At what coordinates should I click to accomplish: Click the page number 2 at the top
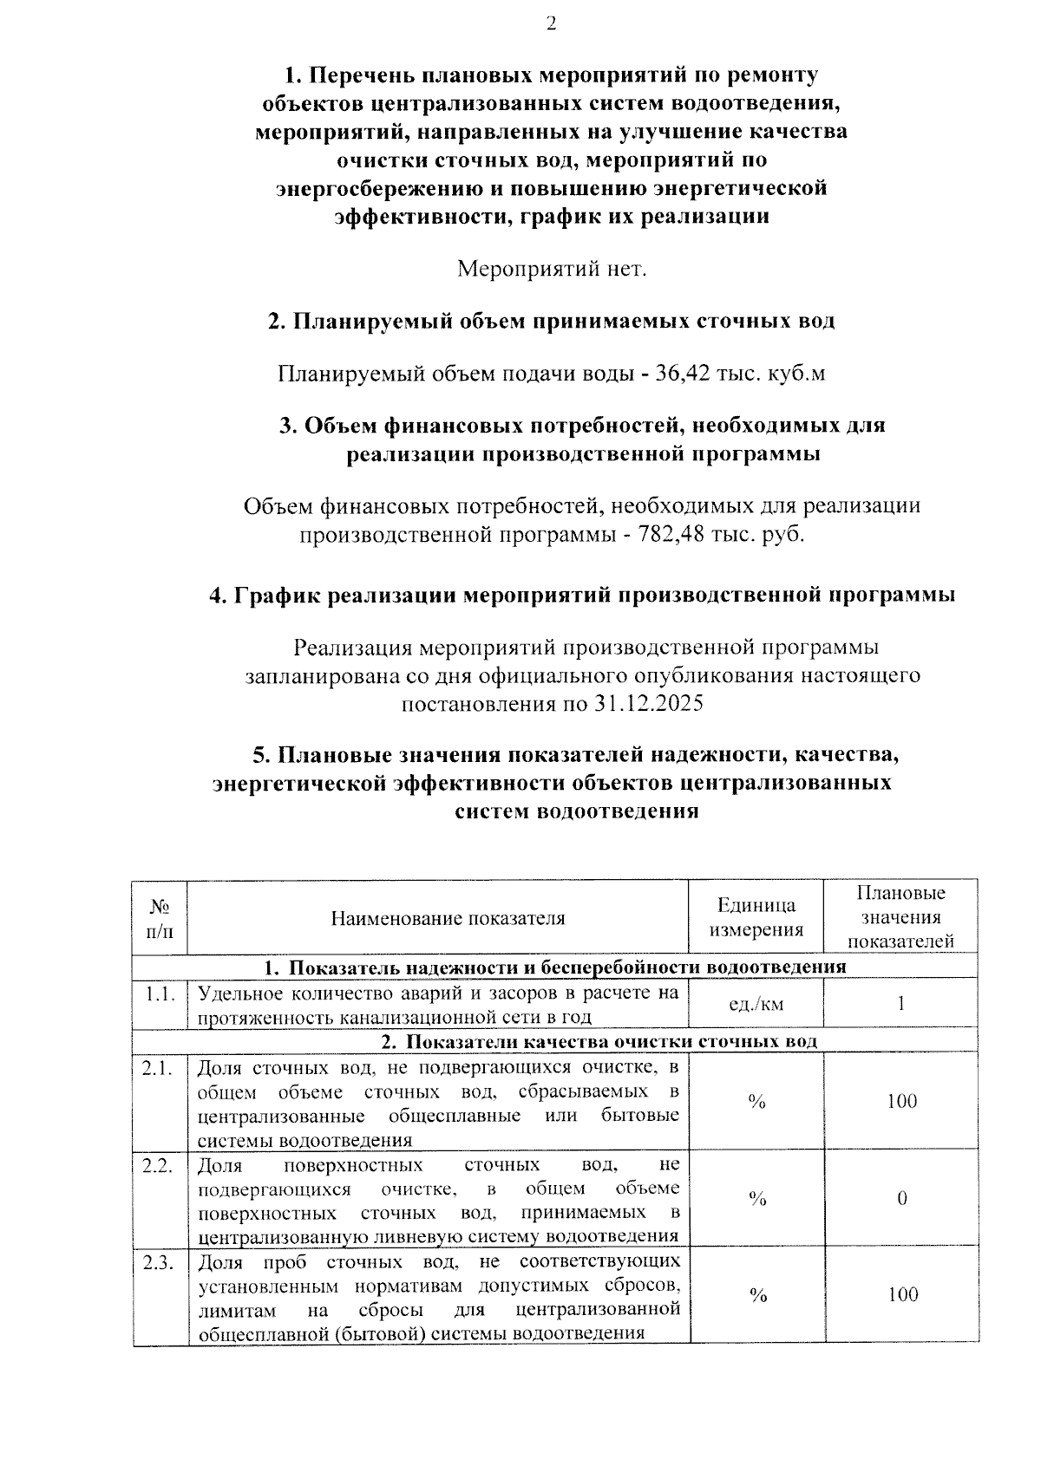(551, 23)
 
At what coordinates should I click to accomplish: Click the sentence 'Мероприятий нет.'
(552, 269)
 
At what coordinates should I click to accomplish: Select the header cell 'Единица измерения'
(756, 918)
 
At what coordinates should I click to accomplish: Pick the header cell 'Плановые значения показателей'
(901, 917)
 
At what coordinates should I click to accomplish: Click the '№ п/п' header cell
(160, 918)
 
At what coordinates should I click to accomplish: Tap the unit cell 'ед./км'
(756, 1004)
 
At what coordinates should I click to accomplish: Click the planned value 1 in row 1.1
(901, 1004)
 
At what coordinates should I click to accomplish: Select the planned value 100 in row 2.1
(901, 1101)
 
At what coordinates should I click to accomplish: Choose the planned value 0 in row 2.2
(901, 1199)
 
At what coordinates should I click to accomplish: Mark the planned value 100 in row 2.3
(902, 1295)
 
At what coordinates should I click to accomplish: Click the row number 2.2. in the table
(159, 1165)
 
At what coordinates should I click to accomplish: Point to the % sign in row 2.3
(757, 1295)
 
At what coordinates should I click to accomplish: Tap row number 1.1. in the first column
(160, 993)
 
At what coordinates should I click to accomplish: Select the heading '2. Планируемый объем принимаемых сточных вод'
(551, 322)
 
